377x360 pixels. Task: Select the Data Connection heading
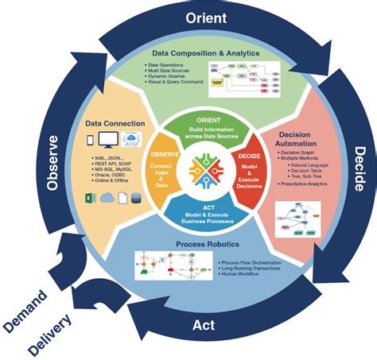(115, 123)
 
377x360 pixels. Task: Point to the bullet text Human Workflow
(244, 275)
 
